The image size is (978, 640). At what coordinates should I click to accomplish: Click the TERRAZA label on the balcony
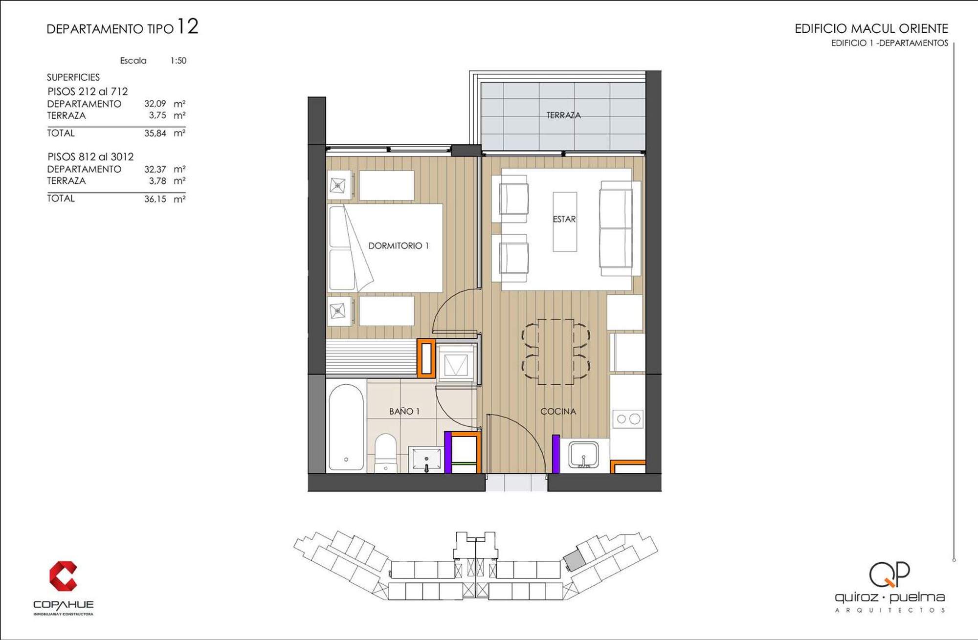click(563, 115)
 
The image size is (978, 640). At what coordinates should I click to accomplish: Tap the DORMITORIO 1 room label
click(398, 245)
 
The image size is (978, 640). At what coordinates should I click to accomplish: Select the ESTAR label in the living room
click(564, 219)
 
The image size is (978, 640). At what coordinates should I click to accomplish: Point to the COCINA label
click(558, 411)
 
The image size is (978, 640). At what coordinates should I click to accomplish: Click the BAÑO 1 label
click(404, 411)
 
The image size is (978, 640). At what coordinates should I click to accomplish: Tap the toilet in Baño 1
click(386, 453)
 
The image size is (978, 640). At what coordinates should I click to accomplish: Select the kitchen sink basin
click(583, 455)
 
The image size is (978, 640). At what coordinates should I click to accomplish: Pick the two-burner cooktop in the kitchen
click(628, 419)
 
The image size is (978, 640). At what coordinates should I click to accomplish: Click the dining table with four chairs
click(556, 352)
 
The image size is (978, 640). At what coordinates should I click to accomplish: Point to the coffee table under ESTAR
click(565, 221)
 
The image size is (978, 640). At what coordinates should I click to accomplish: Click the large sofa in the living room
click(620, 229)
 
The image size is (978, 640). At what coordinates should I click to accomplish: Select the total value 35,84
click(155, 133)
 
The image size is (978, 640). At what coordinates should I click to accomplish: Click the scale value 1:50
click(178, 61)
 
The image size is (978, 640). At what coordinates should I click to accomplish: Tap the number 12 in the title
click(188, 26)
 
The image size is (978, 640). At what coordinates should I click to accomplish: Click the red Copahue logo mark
click(63, 576)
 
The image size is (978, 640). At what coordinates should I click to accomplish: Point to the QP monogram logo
click(889, 574)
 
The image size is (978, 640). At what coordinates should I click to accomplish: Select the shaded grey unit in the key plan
click(574, 560)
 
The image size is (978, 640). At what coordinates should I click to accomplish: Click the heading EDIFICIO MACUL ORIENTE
click(871, 28)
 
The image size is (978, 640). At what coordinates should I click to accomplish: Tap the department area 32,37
click(155, 169)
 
